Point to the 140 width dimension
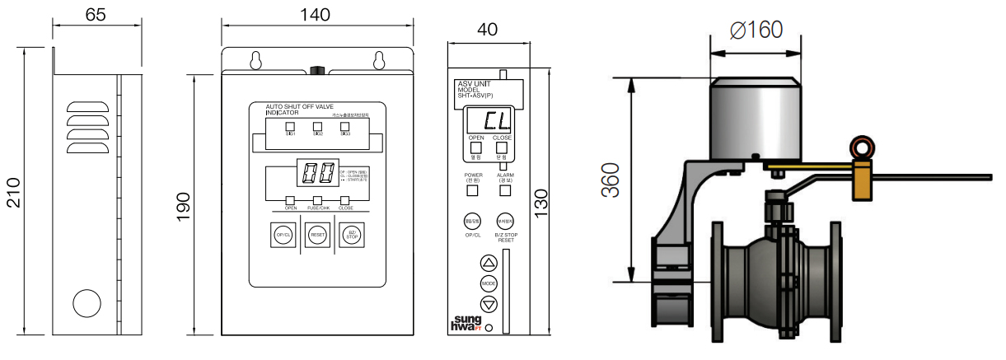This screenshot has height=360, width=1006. click(315, 14)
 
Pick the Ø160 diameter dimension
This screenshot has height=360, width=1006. click(756, 30)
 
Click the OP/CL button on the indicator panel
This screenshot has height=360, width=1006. click(283, 235)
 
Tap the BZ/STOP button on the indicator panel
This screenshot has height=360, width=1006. click(352, 235)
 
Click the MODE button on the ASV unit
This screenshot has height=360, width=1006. click(489, 283)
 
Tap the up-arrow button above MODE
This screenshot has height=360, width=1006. click(489, 264)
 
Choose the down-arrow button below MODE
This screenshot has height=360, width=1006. click(489, 304)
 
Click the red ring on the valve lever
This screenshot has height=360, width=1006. click(863, 148)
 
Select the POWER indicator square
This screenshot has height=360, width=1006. click(473, 191)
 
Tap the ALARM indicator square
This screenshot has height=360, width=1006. click(505, 191)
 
